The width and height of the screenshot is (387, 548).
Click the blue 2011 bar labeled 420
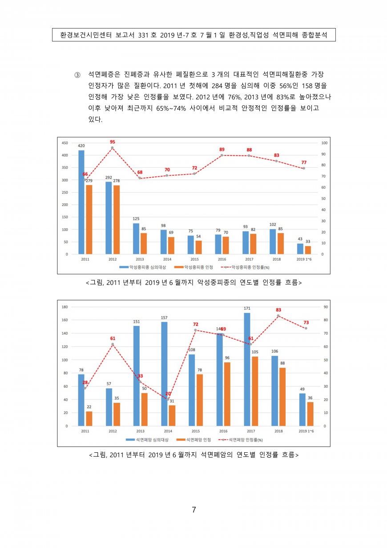pos(81,202)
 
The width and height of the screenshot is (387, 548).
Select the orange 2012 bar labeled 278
pos(117,219)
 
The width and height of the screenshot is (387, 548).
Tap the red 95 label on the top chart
pos(113,142)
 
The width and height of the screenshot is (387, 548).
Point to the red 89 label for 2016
pos(222,150)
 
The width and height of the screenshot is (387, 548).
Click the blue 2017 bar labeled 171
pos(247,369)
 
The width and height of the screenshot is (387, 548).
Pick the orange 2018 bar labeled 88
pos(282,397)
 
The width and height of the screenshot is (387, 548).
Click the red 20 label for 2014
pos(168,394)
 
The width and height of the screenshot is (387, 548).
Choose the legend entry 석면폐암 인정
pos(193,439)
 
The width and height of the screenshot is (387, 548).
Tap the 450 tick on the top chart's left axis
pos(65,143)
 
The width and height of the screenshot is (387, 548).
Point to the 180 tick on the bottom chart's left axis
pos(65,307)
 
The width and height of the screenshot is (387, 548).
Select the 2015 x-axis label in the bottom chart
pos(195,431)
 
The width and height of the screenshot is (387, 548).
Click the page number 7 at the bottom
pos(193,510)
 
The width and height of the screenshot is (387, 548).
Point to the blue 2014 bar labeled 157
pos(165,374)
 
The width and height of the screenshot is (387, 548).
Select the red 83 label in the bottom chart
pos(278,310)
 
